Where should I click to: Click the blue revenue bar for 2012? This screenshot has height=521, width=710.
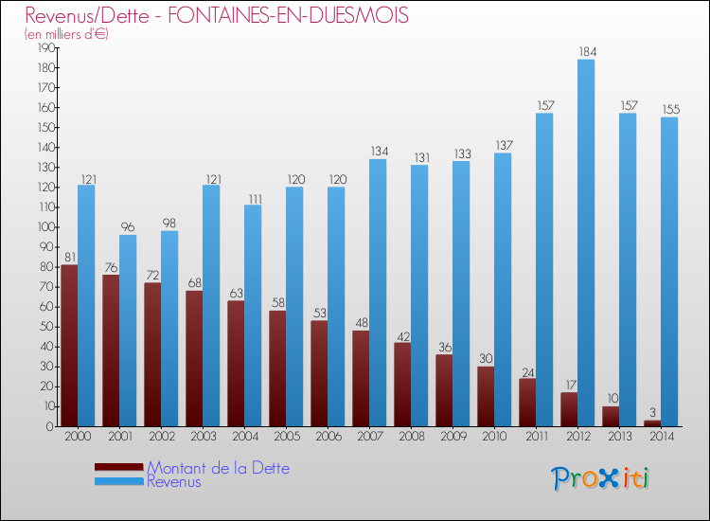coord(586,243)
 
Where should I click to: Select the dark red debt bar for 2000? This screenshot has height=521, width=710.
coord(69,346)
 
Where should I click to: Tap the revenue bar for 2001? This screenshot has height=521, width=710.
coord(128,331)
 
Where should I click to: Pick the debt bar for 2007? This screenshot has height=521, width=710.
coord(361,378)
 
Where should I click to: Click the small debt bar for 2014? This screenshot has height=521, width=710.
coord(652,422)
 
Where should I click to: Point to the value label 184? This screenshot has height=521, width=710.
coord(586,52)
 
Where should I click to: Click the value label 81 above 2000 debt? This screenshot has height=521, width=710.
coord(69,258)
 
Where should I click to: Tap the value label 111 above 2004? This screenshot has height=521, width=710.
coord(253,197)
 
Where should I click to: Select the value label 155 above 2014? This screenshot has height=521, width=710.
coord(669,110)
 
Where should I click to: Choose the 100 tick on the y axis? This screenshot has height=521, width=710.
coord(44,227)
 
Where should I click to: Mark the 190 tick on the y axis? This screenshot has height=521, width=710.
coord(44,48)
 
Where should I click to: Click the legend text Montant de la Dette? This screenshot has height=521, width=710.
coord(218,468)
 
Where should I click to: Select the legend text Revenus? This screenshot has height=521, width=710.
coord(174,482)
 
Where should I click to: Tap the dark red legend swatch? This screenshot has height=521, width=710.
coord(119,467)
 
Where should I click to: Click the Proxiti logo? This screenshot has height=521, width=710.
coord(601,478)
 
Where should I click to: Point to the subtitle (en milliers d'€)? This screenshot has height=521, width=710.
coord(66,35)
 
